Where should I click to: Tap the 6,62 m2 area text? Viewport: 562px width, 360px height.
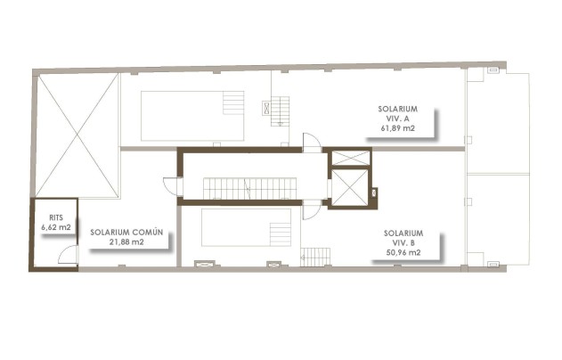[56, 228]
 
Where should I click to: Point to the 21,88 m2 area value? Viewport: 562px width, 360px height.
[126, 241]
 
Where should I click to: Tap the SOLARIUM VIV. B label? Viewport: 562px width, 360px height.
[403, 238]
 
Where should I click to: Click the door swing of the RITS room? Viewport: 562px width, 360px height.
[67, 257]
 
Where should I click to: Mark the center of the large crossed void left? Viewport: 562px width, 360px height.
[77, 135]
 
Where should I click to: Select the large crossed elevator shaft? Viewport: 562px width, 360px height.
[348, 188]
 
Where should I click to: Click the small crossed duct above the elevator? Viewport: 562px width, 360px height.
[348, 158]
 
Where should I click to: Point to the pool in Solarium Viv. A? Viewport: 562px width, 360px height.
[192, 116]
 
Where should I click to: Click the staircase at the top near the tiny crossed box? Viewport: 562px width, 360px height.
[281, 111]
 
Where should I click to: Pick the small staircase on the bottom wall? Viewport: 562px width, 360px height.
[314, 257]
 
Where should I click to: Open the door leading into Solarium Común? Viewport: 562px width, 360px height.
[171, 186]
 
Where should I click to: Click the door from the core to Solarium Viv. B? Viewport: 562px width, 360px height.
[311, 210]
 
